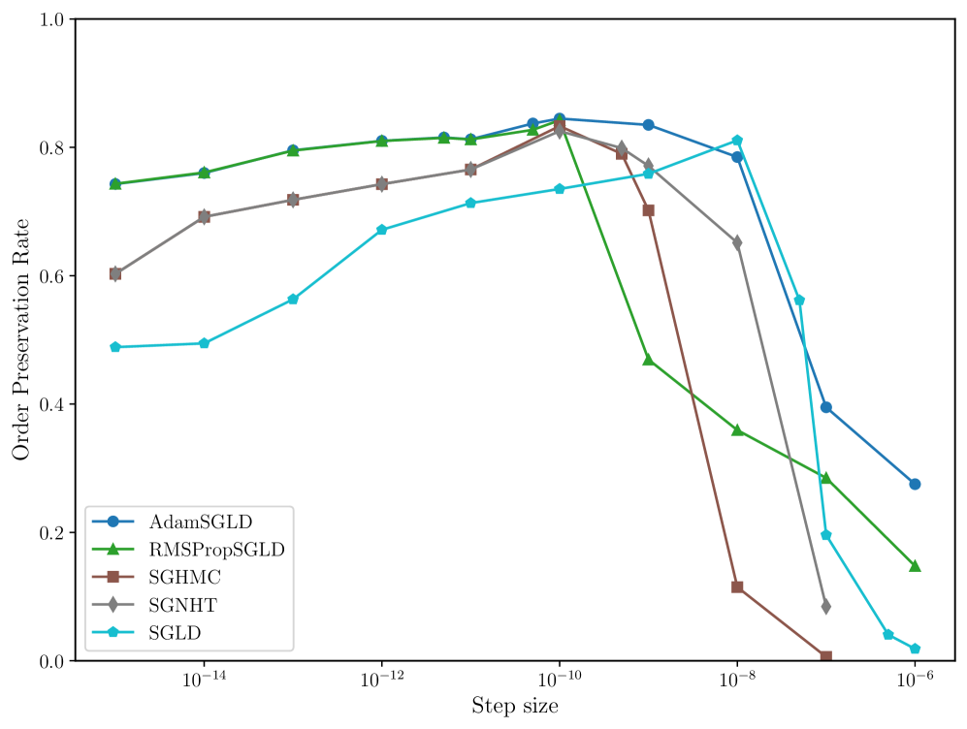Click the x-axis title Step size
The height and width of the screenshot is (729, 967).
click(x=514, y=706)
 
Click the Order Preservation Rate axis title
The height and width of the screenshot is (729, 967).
click(x=21, y=339)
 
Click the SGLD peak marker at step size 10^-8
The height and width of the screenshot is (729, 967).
click(x=737, y=141)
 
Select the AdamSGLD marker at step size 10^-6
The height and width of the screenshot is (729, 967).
click(x=915, y=484)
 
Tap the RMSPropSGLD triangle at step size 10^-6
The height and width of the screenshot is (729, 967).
click(x=915, y=565)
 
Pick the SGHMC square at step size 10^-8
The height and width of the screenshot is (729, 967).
click(x=737, y=587)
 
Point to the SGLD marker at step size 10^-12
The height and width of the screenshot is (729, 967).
click(x=382, y=230)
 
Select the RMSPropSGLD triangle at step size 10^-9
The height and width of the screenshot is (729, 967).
click(x=649, y=360)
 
